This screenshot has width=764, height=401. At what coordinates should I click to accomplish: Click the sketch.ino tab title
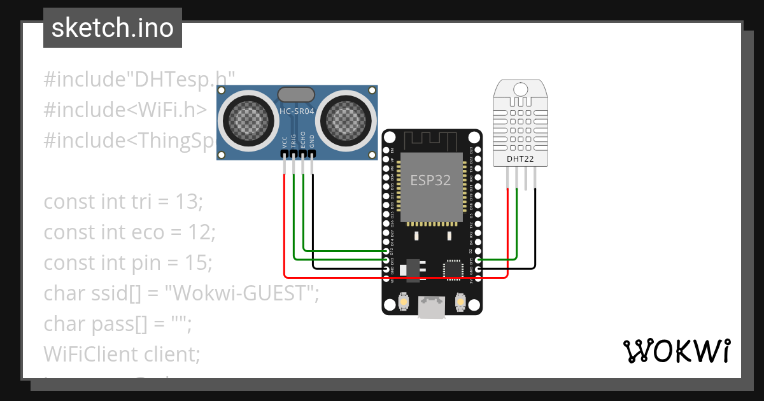(112, 28)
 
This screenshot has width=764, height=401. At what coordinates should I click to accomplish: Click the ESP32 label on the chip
(430, 180)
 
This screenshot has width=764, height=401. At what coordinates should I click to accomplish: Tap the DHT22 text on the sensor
(520, 158)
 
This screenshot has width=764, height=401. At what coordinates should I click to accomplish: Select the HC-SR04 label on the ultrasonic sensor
(297, 111)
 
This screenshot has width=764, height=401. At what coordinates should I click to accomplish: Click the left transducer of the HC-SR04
(244, 118)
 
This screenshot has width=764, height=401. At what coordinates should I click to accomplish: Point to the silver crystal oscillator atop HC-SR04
(297, 94)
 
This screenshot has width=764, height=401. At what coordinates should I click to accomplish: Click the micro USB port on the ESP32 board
(432, 308)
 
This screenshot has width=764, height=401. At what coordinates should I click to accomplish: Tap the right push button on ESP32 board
(460, 301)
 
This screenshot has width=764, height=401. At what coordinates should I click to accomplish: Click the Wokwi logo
(676, 351)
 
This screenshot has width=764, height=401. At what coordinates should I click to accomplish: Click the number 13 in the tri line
(188, 202)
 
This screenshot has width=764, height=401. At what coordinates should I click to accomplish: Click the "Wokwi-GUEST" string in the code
(241, 293)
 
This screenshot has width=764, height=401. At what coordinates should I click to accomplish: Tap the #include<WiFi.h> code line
(125, 109)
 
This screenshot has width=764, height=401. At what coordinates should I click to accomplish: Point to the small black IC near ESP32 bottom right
(453, 269)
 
